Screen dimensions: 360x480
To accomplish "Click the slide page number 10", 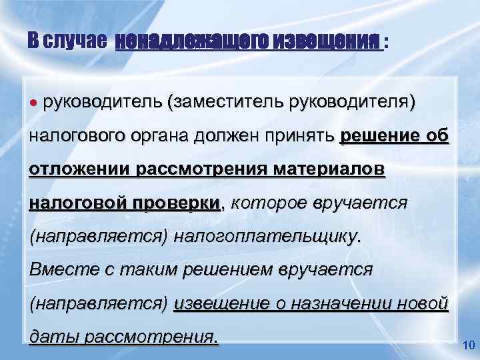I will tap(467, 345).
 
